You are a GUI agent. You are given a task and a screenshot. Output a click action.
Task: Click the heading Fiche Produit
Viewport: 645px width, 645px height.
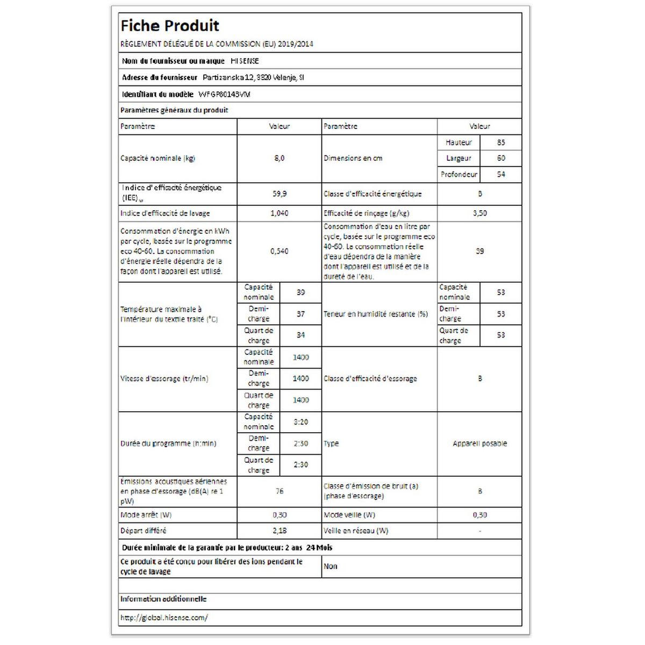tap(170, 26)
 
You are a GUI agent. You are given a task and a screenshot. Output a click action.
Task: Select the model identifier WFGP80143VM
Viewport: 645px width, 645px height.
tap(225, 94)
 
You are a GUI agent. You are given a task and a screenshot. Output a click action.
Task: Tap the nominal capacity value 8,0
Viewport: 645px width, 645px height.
tap(279, 158)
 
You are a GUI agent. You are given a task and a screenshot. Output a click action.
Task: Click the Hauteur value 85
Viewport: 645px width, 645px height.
tap(501, 142)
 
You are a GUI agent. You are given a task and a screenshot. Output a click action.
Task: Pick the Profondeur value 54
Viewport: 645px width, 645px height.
tap(501, 174)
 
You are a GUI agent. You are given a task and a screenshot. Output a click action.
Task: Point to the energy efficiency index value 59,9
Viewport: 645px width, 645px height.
tap(279, 193)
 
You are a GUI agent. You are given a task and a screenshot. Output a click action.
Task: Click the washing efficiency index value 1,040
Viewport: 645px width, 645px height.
tap(279, 213)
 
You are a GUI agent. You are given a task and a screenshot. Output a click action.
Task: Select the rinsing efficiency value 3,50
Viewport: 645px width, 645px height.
tap(479, 213)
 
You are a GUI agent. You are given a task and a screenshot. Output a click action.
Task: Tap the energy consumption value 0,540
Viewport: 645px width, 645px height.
tap(279, 251)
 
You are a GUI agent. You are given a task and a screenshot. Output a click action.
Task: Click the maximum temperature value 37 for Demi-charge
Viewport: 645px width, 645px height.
tap(301, 314)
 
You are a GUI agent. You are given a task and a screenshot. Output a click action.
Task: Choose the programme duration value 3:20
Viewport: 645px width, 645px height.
tap(301, 422)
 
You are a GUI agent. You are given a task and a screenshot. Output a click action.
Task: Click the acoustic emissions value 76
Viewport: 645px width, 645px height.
tap(279, 491)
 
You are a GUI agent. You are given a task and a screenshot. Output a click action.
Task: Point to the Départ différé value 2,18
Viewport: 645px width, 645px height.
tap(279, 531)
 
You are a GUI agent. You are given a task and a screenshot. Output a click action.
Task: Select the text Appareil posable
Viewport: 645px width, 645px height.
tap(479, 443)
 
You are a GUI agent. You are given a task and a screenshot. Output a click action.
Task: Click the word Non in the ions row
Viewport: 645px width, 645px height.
tap(331, 566)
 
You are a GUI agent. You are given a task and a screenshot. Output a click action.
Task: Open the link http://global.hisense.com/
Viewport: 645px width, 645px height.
tap(164, 618)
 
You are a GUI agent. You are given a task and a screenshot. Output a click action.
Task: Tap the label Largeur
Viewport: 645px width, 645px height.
tap(458, 158)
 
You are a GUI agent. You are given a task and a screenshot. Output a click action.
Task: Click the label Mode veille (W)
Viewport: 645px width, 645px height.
tap(349, 514)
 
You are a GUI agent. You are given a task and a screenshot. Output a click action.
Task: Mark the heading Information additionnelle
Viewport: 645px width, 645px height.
tap(163, 599)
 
